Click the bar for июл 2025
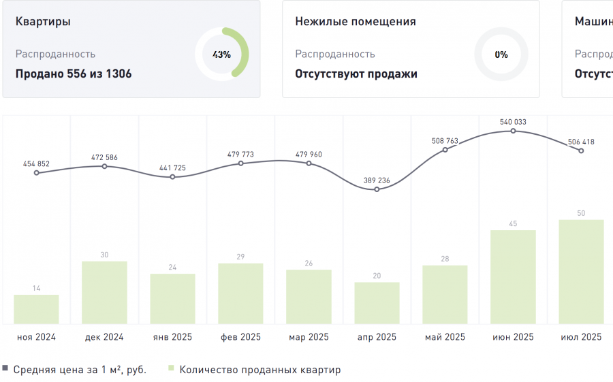tap(581, 272)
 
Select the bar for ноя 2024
tap(36, 309)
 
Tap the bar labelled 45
tap(513, 277)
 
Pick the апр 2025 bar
tap(377, 303)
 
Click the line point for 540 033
tap(513, 131)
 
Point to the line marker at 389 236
tap(377, 189)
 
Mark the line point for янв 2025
tap(172, 177)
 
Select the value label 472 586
tap(104, 158)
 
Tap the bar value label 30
tap(104, 255)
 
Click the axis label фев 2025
tap(240, 337)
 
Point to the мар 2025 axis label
tap(309, 337)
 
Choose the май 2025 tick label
tap(445, 337)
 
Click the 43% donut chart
tap(222, 54)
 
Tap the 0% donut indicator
tap(501, 54)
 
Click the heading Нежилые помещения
tap(356, 21)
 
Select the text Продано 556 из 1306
tap(74, 74)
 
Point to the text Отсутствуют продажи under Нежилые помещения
tap(356, 74)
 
